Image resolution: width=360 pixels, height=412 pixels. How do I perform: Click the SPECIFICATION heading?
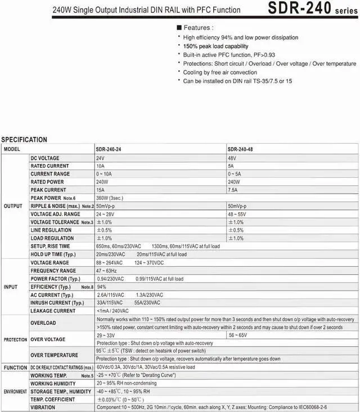pos(24,140)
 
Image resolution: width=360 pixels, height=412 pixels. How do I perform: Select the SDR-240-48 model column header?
pos(241,149)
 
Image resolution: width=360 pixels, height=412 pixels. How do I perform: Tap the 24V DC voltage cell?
pos(100,158)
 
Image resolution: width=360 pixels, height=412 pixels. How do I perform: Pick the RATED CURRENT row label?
pos(49,166)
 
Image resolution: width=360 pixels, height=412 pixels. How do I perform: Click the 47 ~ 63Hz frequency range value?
pos(109,270)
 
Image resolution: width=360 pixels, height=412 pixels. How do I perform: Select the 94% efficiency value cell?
pos(102,286)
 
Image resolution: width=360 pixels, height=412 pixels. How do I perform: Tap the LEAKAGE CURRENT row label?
pos(53,311)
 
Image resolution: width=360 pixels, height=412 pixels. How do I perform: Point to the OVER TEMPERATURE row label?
pos(54,355)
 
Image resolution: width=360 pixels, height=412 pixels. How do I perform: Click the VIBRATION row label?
pos(43,407)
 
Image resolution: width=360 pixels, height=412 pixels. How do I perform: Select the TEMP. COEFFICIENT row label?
pos(52,399)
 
